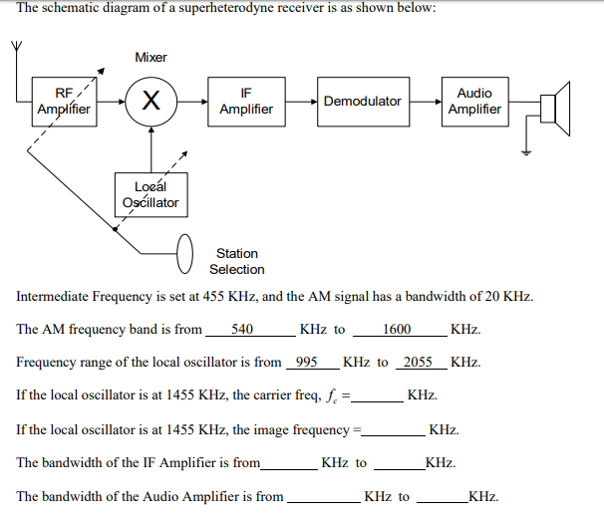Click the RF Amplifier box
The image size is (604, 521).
[x=63, y=101]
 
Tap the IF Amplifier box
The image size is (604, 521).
[x=245, y=101]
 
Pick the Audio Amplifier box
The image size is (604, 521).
[x=473, y=101]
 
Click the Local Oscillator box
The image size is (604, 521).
[x=150, y=194]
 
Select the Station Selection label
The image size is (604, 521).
[x=237, y=261]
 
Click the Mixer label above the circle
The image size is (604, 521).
[x=151, y=57]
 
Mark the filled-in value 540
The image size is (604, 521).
[x=241, y=329]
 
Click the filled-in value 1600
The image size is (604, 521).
[x=397, y=329]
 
